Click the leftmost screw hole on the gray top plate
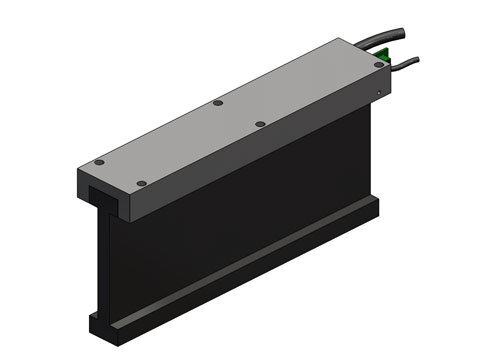coord(98,163)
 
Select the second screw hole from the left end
coord(141,183)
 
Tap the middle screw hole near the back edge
coord(217,102)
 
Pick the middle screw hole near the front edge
coord(260,124)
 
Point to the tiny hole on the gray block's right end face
coord(378,95)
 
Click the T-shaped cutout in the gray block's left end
coord(100,190)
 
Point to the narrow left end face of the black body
coord(101,260)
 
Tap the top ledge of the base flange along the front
coord(250,260)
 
